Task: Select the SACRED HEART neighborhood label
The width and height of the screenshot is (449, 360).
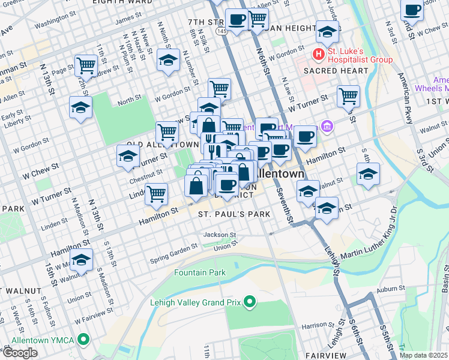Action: [x=335, y=71]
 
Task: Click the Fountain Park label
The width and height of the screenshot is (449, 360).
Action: [x=200, y=273]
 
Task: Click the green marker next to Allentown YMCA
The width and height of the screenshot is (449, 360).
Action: [x=83, y=341]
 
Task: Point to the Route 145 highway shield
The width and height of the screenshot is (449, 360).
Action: [x=221, y=30]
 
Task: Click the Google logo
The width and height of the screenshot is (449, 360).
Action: [x=20, y=352]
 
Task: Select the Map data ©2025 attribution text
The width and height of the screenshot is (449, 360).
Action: [x=423, y=355]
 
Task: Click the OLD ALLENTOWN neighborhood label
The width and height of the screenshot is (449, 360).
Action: [x=163, y=145]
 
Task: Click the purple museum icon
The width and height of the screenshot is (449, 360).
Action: [x=327, y=126]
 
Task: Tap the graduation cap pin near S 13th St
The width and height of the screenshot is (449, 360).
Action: [x=81, y=260]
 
